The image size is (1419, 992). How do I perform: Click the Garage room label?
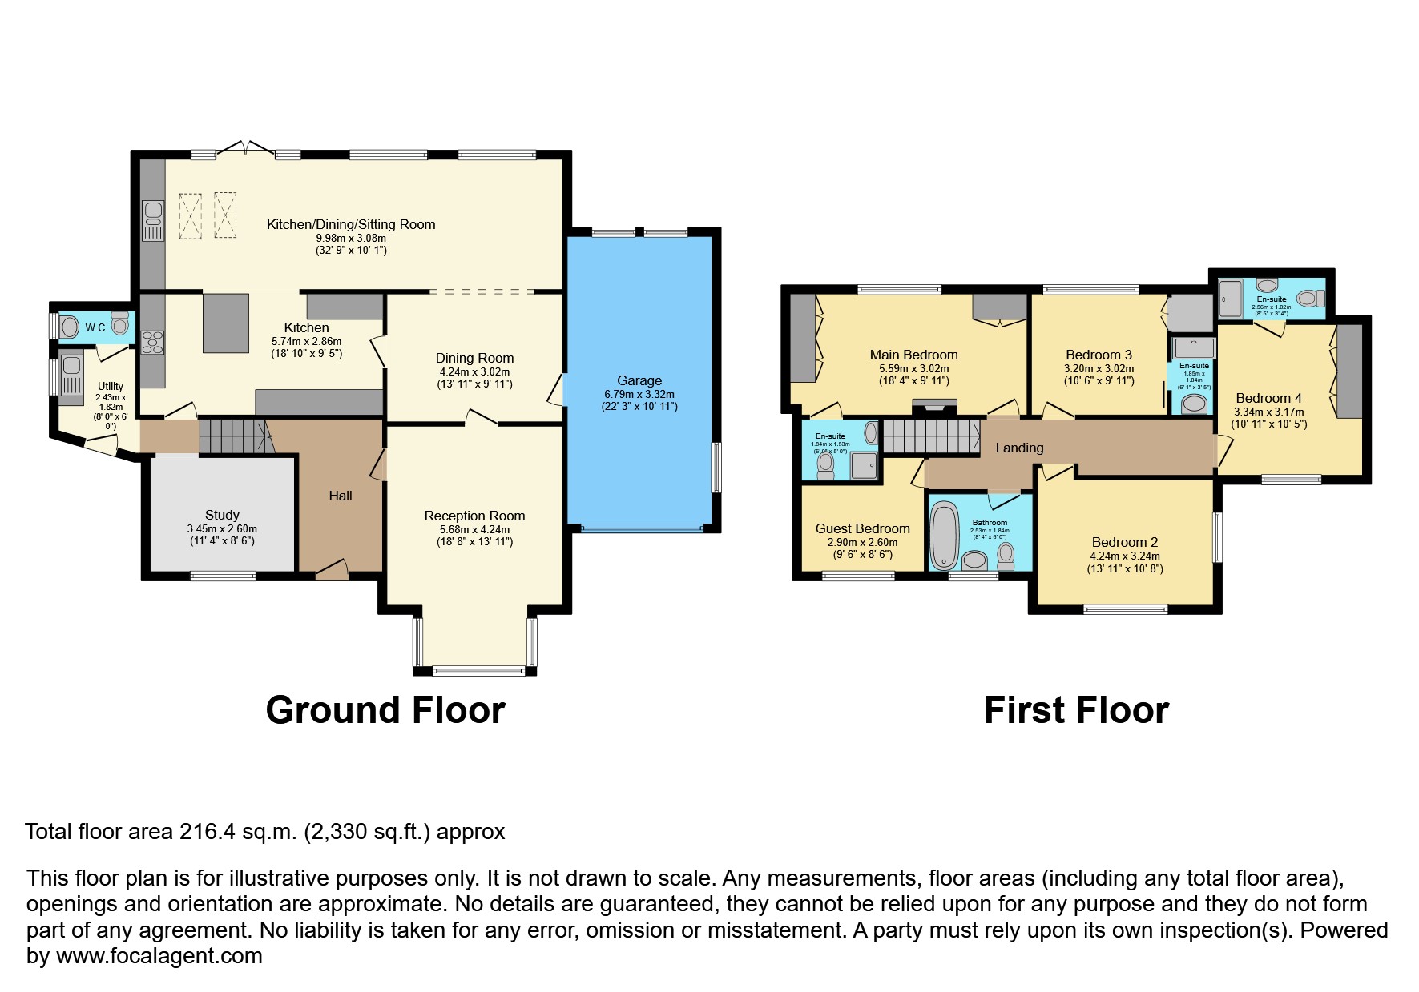pos(639,380)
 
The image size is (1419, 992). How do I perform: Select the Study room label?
pos(222,515)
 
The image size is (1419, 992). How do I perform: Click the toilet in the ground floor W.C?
pos(120,325)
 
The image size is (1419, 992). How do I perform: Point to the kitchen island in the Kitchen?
pos(225,323)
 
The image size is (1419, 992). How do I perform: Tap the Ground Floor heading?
pos(385,710)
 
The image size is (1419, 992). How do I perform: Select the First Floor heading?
pos(1075,710)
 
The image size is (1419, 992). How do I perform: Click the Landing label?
pos(1019,448)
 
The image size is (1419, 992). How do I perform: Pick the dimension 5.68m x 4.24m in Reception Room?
pos(474,529)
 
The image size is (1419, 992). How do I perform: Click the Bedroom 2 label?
pos(1124,542)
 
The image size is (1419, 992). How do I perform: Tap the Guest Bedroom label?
pos(862,528)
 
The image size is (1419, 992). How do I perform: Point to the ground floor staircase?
pos(232,436)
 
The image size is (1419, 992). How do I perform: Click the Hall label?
pos(340,496)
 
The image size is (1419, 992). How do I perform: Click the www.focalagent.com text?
pos(159,956)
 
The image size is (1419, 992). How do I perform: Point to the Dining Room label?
pos(474,358)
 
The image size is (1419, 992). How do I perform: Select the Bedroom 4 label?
pos(1268,398)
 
